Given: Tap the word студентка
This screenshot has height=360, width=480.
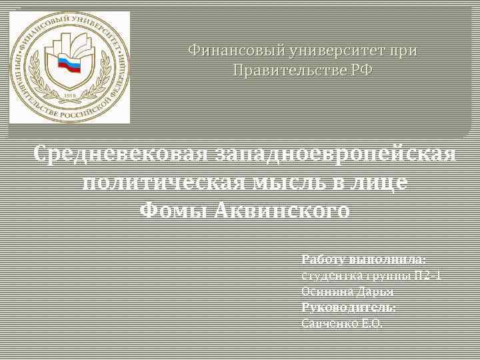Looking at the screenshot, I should (x=328, y=275).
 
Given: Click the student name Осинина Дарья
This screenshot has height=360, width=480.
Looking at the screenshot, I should (x=347, y=291).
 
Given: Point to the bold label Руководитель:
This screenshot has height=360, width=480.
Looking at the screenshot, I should (x=349, y=307).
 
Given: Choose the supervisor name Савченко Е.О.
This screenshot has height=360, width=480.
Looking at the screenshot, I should (x=343, y=323).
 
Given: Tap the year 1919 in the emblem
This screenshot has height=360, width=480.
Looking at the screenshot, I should (x=69, y=97).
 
